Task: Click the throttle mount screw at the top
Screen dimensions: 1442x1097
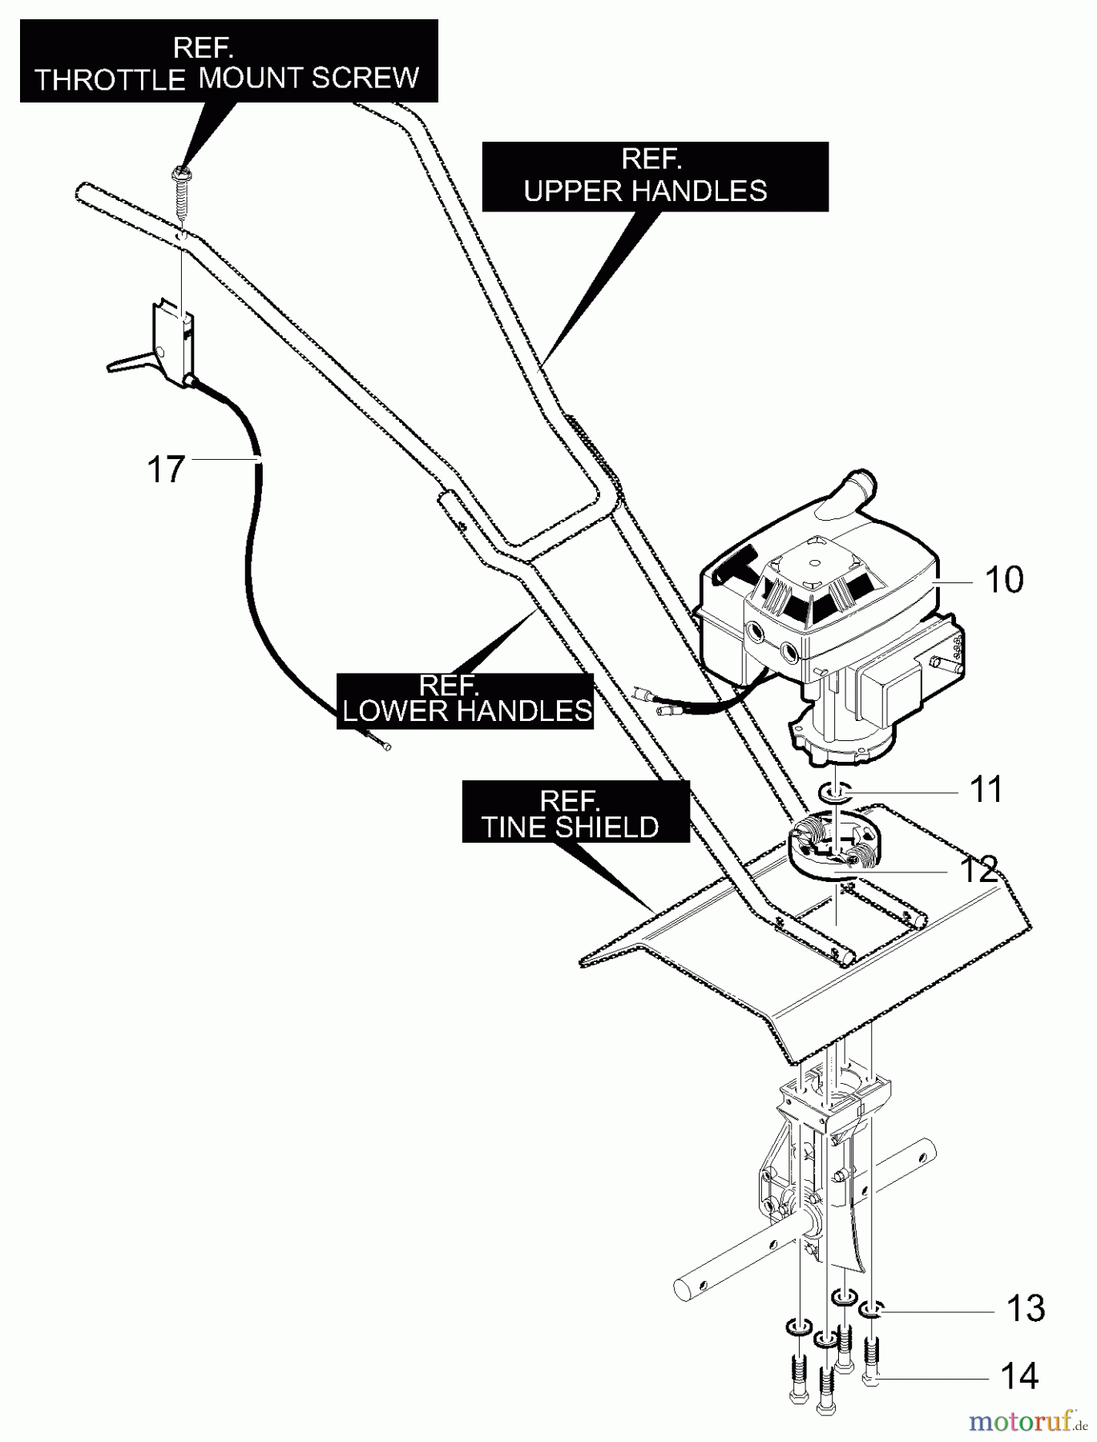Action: click(183, 191)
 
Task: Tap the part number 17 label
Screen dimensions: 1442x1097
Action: click(166, 469)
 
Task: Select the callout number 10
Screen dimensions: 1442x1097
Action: click(1003, 580)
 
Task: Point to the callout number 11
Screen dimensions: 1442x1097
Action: click(986, 790)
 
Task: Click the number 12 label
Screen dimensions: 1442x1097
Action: click(978, 870)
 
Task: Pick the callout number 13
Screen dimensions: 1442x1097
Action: click(1025, 1309)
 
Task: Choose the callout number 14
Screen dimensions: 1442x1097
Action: click(1019, 1377)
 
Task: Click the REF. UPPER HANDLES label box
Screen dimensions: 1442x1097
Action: click(654, 176)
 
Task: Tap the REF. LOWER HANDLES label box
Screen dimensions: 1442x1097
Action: click(465, 700)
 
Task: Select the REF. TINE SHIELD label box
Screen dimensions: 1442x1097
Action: click(575, 812)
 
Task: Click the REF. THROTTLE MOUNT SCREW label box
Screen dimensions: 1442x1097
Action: click(228, 62)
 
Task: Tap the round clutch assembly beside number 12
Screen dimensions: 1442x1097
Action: click(834, 851)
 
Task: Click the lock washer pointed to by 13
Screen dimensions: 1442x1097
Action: click(871, 1310)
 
